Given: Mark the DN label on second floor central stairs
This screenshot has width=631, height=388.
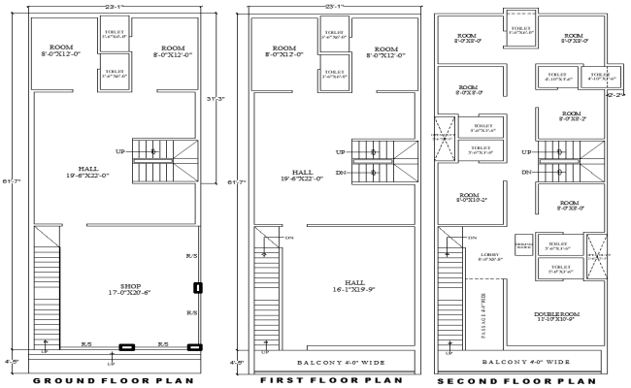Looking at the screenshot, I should point(525,172).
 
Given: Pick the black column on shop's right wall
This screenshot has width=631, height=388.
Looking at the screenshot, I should point(197,287).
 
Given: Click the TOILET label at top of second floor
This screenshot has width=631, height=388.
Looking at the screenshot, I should point(520,29).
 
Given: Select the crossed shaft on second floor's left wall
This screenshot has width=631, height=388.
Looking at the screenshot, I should point(446,130).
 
